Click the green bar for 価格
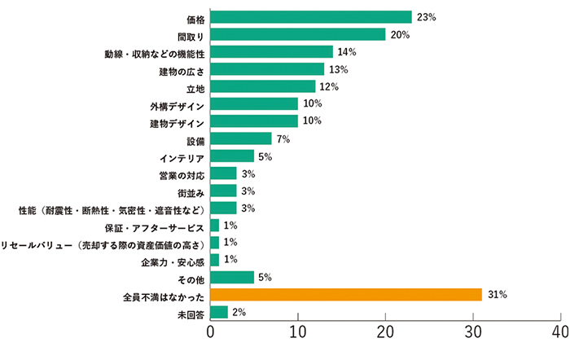tap(311, 17)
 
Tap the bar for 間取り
tap(298, 34)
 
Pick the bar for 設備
tap(241, 138)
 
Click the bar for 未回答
tap(219, 312)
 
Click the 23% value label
tap(426, 17)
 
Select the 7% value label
tap(284, 138)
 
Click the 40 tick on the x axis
tap(559, 333)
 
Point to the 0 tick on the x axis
tap(211, 333)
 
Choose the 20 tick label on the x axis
tap(385, 333)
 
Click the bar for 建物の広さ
tap(267, 69)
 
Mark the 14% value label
tap(347, 52)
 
